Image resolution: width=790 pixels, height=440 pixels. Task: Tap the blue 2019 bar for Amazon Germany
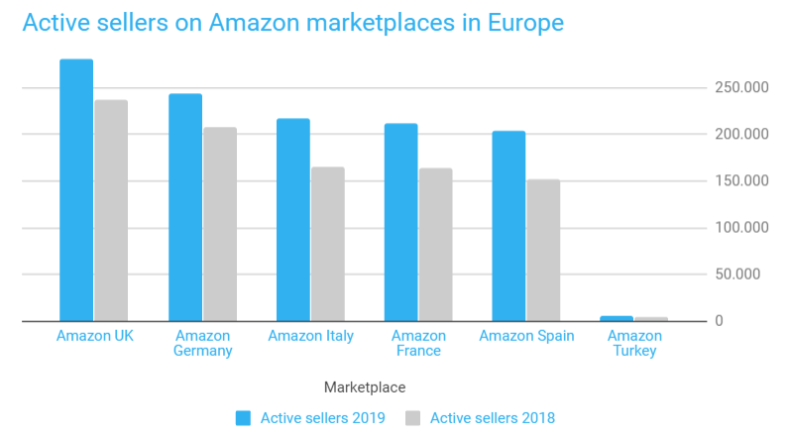pyautogui.click(x=184, y=207)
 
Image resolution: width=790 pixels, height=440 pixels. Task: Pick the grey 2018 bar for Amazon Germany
pyautogui.click(x=220, y=224)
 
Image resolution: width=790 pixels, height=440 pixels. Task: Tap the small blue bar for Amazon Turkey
pyautogui.click(x=617, y=318)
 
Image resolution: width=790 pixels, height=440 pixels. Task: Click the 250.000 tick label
pyautogui.click(x=741, y=88)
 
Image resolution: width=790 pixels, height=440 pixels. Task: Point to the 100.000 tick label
pyautogui.click(x=741, y=228)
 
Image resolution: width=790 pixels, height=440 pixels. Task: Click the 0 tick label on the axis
pyautogui.click(x=720, y=321)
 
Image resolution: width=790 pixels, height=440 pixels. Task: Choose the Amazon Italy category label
pyautogui.click(x=310, y=336)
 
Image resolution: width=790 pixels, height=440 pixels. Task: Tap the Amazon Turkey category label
pyautogui.click(x=634, y=343)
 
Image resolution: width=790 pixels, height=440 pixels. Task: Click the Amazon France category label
pyautogui.click(x=417, y=343)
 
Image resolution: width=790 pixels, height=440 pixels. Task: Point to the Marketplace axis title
pyautogui.click(x=365, y=387)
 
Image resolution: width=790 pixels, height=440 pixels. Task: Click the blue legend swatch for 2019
pyautogui.click(x=243, y=418)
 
